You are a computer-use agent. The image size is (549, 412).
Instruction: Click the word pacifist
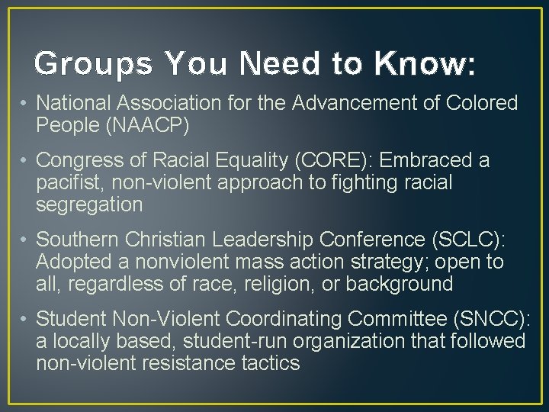coord(72,183)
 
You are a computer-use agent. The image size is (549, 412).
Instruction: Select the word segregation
coord(89,205)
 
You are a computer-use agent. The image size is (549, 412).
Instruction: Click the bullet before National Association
coord(25,103)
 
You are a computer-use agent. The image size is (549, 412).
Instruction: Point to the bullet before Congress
coord(25,161)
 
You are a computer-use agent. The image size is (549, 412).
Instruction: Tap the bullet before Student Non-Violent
coord(25,319)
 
